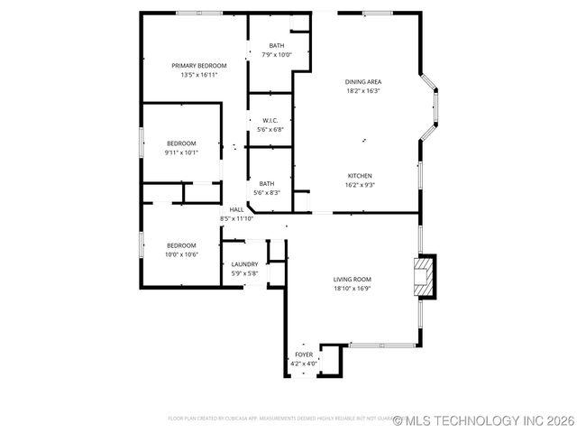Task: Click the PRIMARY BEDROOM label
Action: coord(199,66)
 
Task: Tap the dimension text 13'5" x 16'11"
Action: coord(199,76)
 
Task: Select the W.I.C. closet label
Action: coord(270,120)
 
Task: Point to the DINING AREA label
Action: coord(363,82)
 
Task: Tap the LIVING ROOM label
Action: coord(353,280)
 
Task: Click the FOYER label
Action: coord(305,355)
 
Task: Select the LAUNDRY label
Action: coord(244,264)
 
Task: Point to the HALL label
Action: coord(236,209)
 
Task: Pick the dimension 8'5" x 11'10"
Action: coord(236,218)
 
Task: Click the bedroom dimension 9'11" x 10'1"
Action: coord(181,152)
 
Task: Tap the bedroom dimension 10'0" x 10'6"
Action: coord(181,254)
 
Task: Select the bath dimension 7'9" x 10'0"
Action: coord(277,55)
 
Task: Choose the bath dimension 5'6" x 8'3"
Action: coord(267,193)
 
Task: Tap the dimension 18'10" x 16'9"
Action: coord(353,289)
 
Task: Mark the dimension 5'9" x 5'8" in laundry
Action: coord(244,273)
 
